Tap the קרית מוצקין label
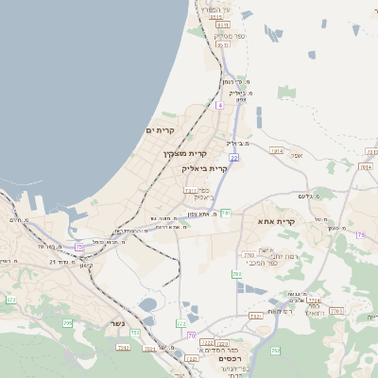[184, 152]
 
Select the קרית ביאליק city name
[205, 167]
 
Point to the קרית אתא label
[277, 221]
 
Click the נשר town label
[118, 322]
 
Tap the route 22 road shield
[233, 159]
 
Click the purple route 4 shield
[219, 106]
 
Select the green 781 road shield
[226, 214]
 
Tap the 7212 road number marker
[206, 342]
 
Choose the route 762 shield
[276, 351]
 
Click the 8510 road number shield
[216, 17]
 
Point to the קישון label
[86, 265]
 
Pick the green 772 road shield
[181, 324]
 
